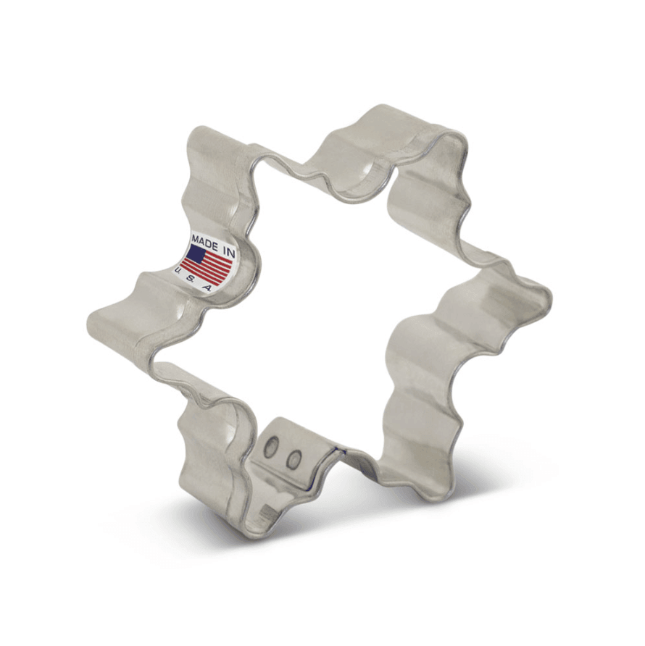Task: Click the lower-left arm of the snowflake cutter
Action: (210, 463)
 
